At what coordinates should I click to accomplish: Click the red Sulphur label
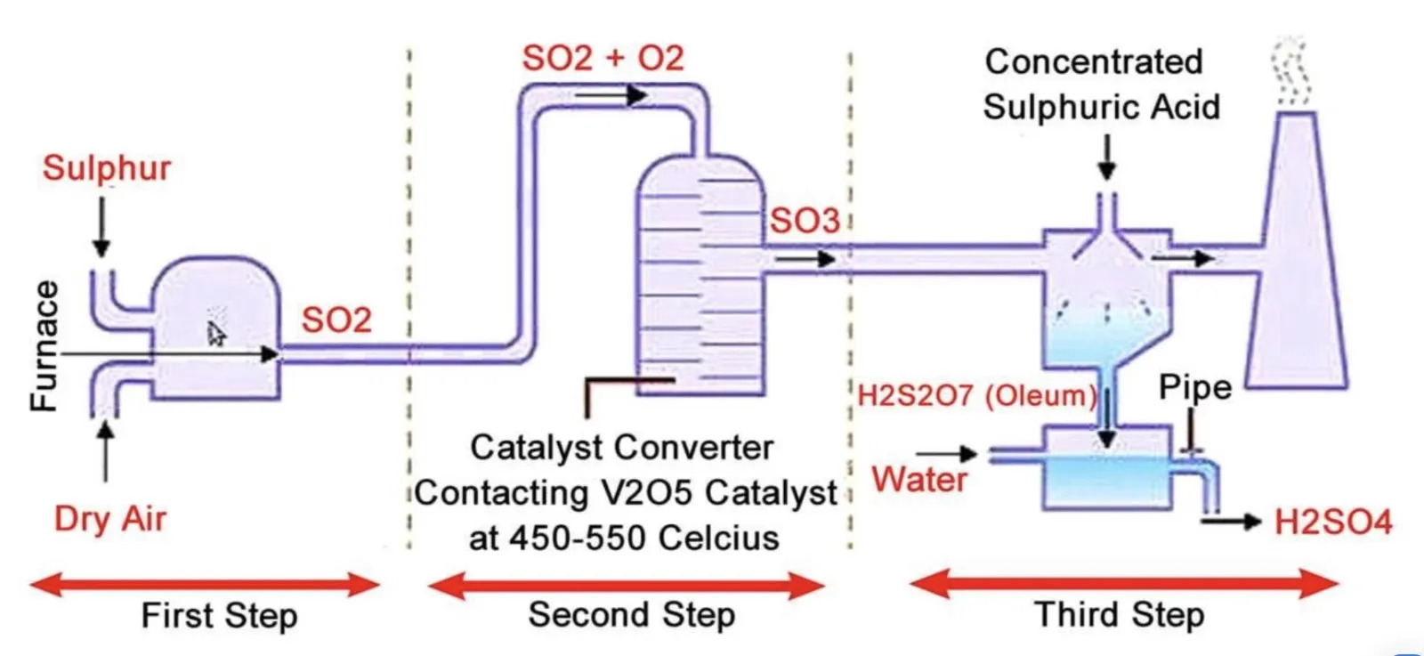[x=107, y=168]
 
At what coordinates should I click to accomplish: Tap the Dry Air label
[x=110, y=518]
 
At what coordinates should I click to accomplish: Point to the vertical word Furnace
[x=44, y=346]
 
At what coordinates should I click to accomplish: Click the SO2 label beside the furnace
[x=336, y=320]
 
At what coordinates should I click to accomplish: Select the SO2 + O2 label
[x=603, y=59]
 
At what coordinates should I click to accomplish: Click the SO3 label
[x=805, y=221]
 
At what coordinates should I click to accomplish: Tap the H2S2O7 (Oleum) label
[x=976, y=395]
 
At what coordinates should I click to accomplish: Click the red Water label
[x=919, y=480]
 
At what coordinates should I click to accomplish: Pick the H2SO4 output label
[x=1332, y=522]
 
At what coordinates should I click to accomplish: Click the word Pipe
[x=1194, y=387]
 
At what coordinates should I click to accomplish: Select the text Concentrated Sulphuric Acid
[x=1100, y=85]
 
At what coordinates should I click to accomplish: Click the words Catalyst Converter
[x=621, y=447]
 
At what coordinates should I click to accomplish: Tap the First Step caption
[x=219, y=615]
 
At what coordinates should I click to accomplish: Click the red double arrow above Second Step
[x=626, y=586]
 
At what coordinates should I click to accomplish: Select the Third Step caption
[x=1119, y=614]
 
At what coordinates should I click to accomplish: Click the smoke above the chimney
[x=1290, y=71]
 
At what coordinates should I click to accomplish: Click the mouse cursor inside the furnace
[x=216, y=333]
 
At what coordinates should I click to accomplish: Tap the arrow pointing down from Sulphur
[x=101, y=227]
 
